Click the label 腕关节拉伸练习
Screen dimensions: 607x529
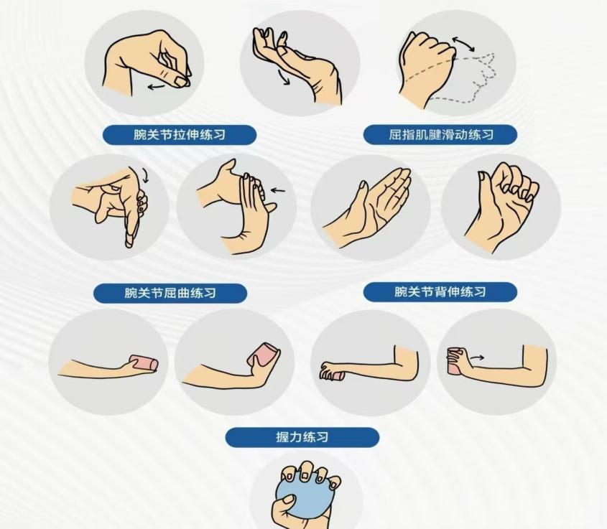coord(180,135)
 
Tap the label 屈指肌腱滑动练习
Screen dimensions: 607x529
coord(441,134)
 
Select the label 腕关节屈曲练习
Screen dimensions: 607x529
coord(170,293)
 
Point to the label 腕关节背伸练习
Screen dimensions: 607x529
coord(440,291)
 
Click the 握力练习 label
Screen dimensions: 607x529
coord(302,437)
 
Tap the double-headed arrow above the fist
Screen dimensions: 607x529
coord(463,44)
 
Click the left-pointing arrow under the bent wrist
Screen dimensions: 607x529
coord(157,86)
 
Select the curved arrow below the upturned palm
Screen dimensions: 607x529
coord(284,78)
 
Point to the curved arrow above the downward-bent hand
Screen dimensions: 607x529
coord(145,175)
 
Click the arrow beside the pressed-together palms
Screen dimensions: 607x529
coord(277,190)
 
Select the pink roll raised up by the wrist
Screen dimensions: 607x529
coord(264,355)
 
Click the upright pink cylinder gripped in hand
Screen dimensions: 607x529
coord(454,361)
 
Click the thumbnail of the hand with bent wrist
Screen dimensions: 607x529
coord(180,82)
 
